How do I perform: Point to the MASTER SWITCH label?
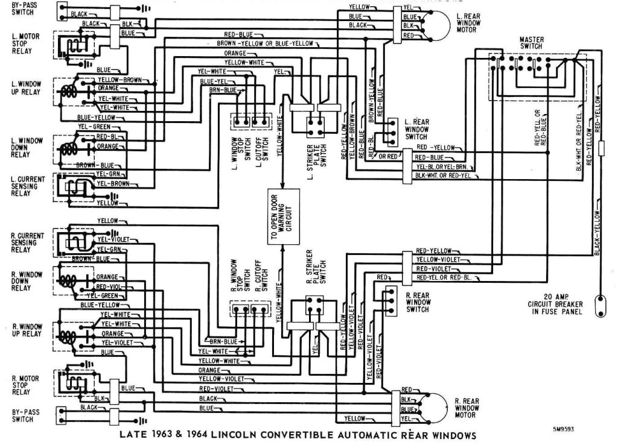tap(531, 43)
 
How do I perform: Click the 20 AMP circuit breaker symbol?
tap(601, 305)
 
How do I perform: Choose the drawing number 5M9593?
tap(563, 430)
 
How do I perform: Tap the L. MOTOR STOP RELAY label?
tap(25, 43)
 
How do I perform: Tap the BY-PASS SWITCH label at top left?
tap(22, 8)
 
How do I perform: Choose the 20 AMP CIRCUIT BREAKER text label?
tap(557, 304)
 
